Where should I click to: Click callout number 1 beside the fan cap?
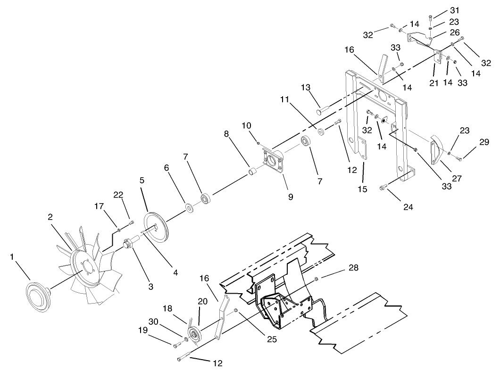coord(12,257)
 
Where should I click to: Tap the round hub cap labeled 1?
coord(37,296)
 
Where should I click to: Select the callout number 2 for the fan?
coord(50,216)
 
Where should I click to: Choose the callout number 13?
coord(305,87)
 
